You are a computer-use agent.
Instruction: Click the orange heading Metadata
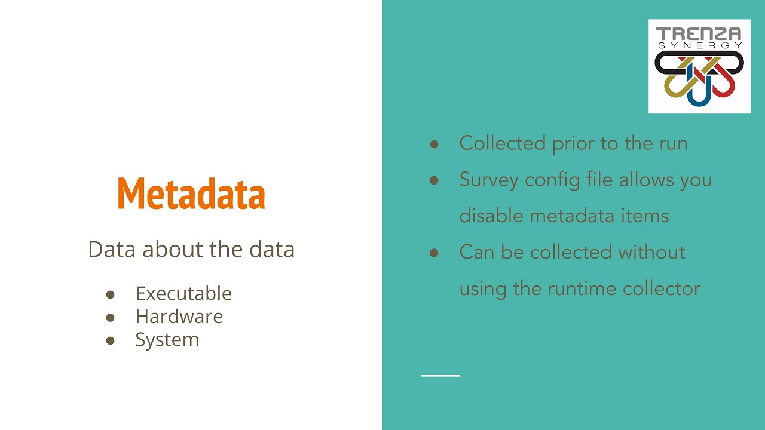[x=191, y=193]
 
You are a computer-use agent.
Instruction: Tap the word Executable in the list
[x=183, y=293]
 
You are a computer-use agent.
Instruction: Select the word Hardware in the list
[x=179, y=317]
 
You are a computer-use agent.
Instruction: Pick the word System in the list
[x=167, y=339]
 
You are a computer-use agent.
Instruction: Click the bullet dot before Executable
[x=110, y=294]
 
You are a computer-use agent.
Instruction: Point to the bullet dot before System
[x=110, y=340]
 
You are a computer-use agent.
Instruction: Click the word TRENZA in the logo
[x=699, y=33]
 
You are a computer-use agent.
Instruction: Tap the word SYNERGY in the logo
[x=699, y=45]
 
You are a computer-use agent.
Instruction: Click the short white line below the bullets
[x=440, y=376]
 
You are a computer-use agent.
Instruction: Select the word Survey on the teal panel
[x=489, y=180]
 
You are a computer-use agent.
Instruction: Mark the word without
[x=652, y=252]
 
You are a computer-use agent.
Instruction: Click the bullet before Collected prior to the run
[x=434, y=144]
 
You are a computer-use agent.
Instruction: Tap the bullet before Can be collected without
[x=434, y=253]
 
